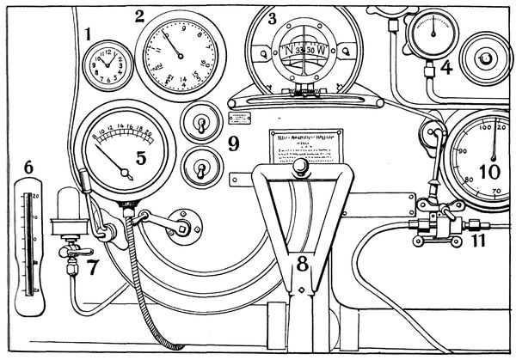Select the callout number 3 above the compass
tap(272, 16)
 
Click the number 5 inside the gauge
tap(141, 157)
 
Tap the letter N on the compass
tap(289, 51)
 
